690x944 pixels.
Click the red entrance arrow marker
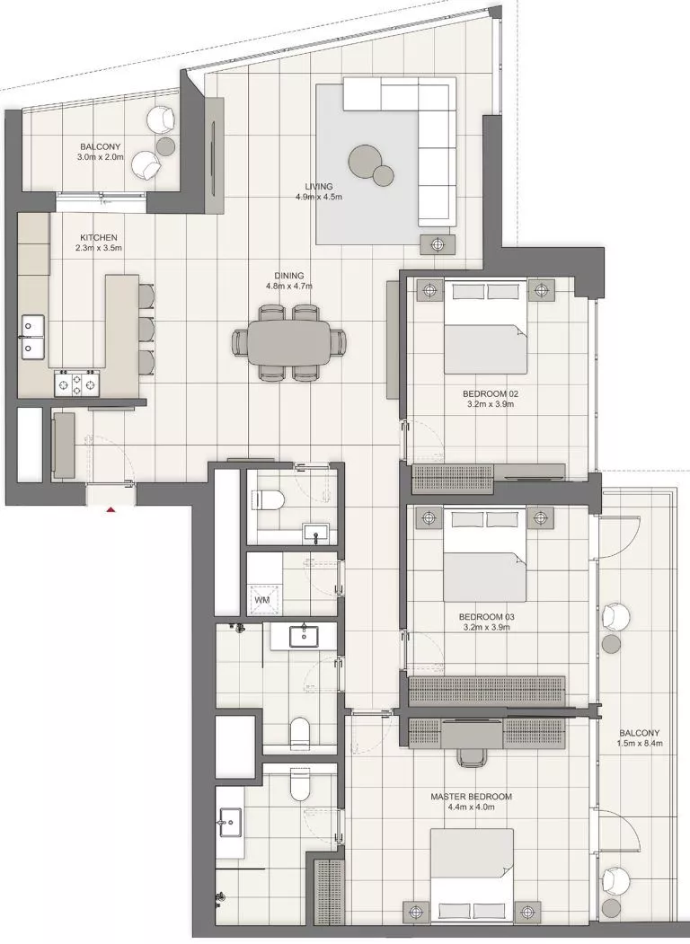point(111,509)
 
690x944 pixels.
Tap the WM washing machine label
point(262,599)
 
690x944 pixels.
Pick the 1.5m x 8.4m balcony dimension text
point(640,743)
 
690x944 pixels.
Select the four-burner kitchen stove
point(78,384)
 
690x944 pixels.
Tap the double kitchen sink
point(33,335)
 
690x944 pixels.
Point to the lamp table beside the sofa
point(438,243)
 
